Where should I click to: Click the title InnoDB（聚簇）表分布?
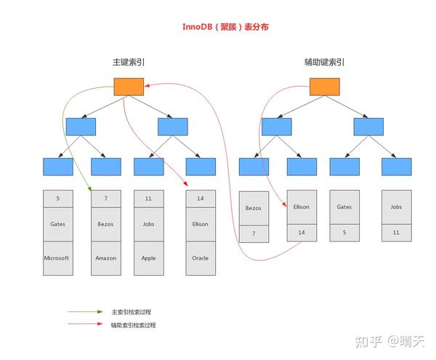pos(219,27)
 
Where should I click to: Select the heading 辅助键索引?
pos(325,63)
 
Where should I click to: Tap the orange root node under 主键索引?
pos(129,87)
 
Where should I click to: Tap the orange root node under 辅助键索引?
pos(324,87)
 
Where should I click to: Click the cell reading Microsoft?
pos(57,257)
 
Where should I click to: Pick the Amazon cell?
pos(105,257)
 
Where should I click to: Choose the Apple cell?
pos(148,257)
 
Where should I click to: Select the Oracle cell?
pos(201,257)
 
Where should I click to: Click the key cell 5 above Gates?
pos(57,198)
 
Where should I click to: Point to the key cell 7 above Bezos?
pos(105,198)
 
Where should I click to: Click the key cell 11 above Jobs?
pos(148,198)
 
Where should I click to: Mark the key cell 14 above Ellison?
pos(201,198)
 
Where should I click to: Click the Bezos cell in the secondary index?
pos(254,207)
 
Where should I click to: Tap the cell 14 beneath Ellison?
pos(302,233)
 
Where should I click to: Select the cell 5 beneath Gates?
pos(344,233)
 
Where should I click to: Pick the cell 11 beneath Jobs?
pos(396,233)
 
